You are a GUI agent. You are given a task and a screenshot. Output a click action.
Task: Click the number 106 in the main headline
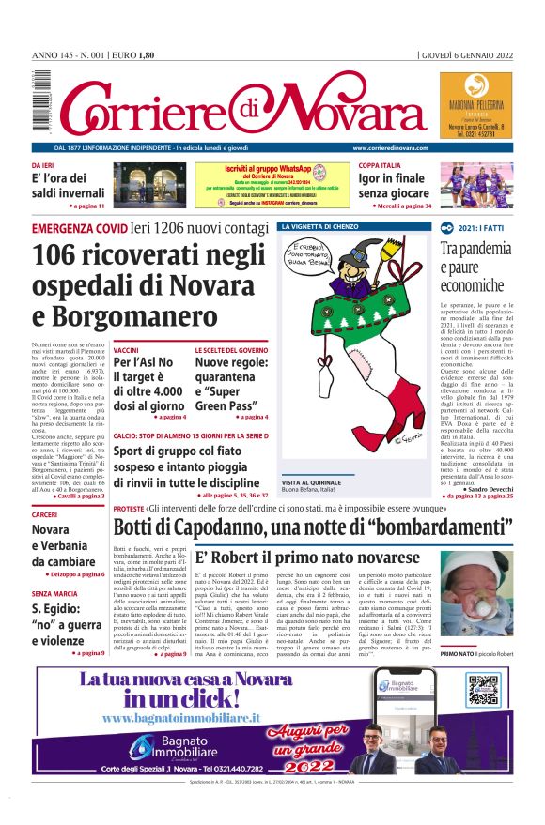(62, 256)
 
